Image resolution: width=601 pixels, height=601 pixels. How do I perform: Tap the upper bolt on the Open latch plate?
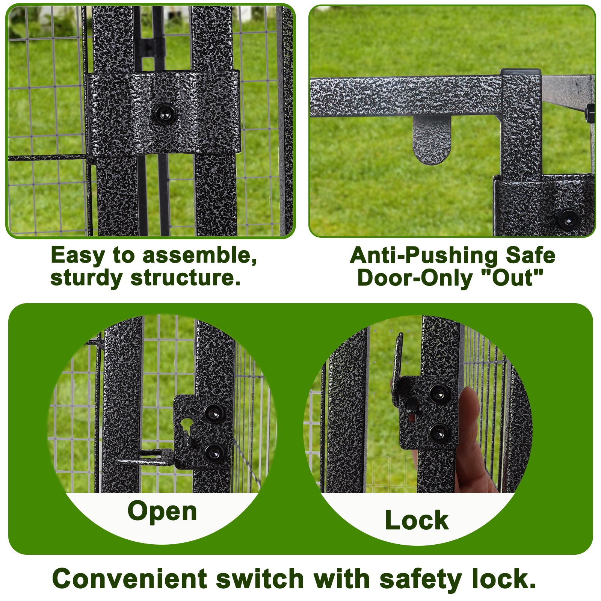(214, 414)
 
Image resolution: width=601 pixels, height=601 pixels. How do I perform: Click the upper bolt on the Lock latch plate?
(438, 394)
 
